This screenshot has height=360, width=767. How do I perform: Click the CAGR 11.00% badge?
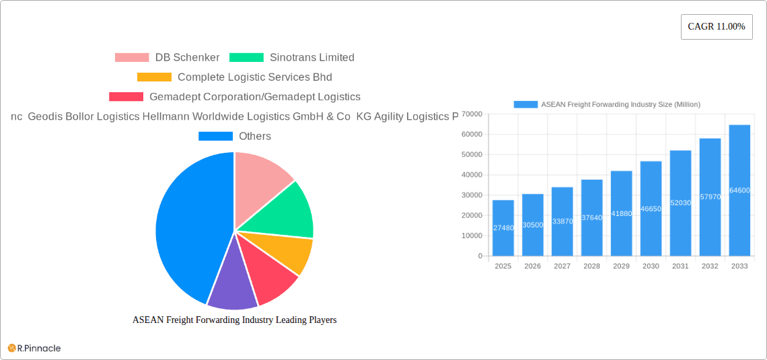point(717,27)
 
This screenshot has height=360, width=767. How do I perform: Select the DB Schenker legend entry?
point(167,58)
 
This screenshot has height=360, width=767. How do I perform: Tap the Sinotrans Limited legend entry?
point(291,58)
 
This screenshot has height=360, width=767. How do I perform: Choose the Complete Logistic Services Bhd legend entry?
point(234,77)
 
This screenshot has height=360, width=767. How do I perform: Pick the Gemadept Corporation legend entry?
point(234,97)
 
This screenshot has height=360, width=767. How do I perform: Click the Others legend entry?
point(234,136)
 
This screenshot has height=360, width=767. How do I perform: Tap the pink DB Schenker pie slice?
point(259,178)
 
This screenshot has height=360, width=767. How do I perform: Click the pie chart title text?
point(234,320)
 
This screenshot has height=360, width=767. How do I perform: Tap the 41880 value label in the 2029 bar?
point(621,213)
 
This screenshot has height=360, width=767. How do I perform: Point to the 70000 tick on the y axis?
point(471,114)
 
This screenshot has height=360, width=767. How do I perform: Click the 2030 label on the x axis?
point(651,266)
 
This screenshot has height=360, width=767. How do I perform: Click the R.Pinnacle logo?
point(34,348)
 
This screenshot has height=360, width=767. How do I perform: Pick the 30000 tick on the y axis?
point(471,195)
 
